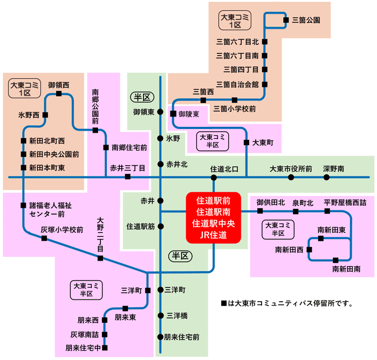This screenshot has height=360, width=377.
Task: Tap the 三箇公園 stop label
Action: pyautogui.click(x=306, y=21)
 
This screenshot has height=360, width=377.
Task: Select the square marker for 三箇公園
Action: pyautogui.click(x=286, y=21)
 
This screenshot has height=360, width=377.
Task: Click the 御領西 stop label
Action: pyautogui.click(x=58, y=85)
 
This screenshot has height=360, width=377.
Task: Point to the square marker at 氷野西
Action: pyautogui.click(x=45, y=114)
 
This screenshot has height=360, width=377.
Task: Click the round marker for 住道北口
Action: pyautogui.click(x=214, y=177)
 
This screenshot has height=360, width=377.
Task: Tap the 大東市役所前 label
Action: pyautogui.click(x=291, y=169)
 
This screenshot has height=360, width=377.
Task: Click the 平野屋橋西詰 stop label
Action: pyautogui.click(x=345, y=202)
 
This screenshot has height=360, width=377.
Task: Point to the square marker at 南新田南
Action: pyautogui.click(x=335, y=260)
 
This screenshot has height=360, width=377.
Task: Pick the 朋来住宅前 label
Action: pyautogui.click(x=182, y=337)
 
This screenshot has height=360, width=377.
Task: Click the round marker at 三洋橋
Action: pyautogui.click(x=161, y=315)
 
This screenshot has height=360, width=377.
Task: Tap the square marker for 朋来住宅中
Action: pyautogui.click(x=105, y=348)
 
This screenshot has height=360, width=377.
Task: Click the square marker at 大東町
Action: pyautogui.click(x=246, y=142)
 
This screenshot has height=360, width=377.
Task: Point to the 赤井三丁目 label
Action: pyautogui.click(x=128, y=168)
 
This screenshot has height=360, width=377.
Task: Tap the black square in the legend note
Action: pyautogui.click(x=224, y=303)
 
